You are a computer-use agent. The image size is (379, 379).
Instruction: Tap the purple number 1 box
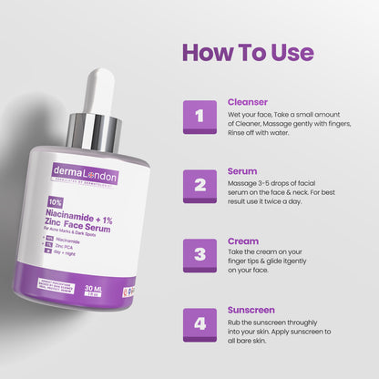pos(200,116)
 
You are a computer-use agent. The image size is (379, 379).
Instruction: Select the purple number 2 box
pos(200,186)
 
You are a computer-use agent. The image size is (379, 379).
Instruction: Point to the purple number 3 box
pos(200,255)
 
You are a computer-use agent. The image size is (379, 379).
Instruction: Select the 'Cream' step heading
pos(241,241)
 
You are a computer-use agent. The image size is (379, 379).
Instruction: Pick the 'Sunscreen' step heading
pos(251,310)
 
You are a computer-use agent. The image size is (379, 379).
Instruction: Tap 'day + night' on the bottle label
pos(69,255)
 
